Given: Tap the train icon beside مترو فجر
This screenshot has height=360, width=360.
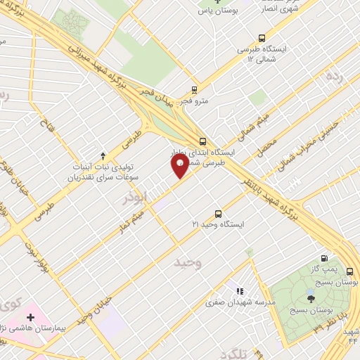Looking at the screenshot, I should click(x=195, y=90).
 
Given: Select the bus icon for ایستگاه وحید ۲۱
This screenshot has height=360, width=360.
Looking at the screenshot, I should click(x=217, y=213).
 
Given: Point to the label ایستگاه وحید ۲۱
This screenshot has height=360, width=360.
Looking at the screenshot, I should click(x=217, y=224).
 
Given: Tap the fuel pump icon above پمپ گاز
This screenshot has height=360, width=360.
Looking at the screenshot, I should click(x=323, y=259).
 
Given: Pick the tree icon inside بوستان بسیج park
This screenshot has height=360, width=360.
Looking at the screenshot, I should click(x=311, y=299).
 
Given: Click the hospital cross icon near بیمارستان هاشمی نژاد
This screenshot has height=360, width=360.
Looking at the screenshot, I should click(x=30, y=318).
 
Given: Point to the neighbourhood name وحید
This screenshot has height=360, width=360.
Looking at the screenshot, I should click(x=188, y=263).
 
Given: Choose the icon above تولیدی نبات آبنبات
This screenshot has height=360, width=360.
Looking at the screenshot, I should click(x=103, y=155).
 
